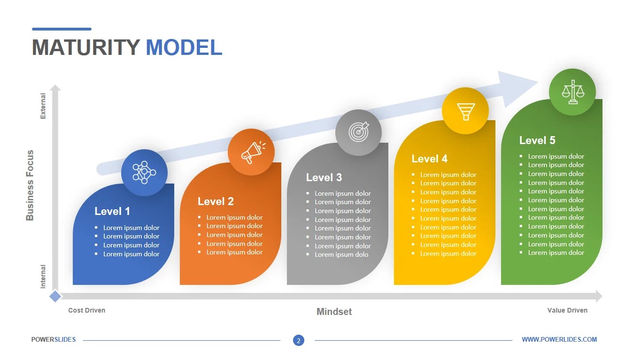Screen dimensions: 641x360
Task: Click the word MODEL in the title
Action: (x=184, y=47)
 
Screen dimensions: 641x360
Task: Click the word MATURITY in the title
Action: (x=86, y=47)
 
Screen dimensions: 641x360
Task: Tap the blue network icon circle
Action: (x=144, y=173)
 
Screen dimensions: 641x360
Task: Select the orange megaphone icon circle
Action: (x=251, y=152)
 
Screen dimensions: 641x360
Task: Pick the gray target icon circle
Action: (x=358, y=132)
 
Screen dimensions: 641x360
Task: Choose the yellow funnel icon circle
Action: (x=465, y=111)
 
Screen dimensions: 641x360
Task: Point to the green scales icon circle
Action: (x=572, y=92)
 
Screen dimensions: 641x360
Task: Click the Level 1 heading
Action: (x=112, y=211)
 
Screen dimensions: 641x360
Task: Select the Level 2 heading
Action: (x=216, y=201)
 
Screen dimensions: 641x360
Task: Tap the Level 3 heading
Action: (x=324, y=177)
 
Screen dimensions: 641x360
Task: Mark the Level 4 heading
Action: (x=430, y=159)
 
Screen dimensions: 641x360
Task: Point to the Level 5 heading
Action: (x=537, y=140)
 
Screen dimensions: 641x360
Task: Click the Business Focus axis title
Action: (x=30, y=185)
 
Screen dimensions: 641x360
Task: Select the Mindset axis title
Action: (x=334, y=311)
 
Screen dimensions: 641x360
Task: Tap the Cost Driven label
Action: (x=87, y=310)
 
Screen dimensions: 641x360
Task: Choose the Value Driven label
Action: (x=567, y=310)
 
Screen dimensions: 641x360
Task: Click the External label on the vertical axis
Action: (x=43, y=106)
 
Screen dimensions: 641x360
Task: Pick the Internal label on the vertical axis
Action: (x=43, y=276)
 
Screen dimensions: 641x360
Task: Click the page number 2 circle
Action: (x=298, y=341)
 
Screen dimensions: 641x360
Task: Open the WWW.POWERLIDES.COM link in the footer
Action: (x=559, y=339)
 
